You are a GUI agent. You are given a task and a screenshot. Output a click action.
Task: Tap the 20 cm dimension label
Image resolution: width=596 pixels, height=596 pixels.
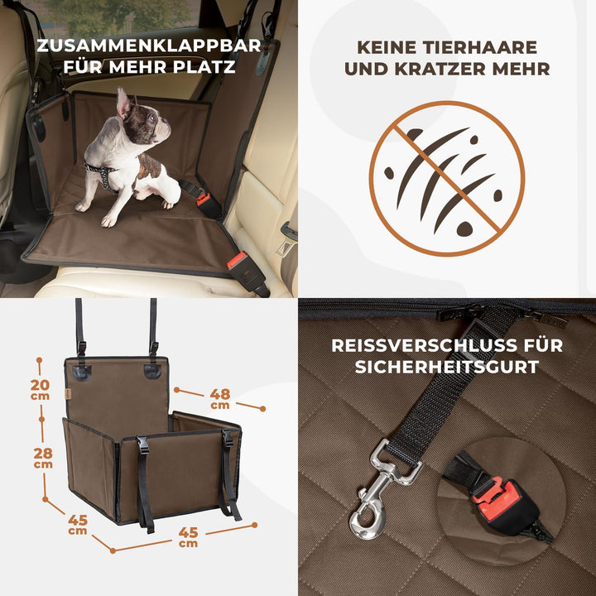(40, 389)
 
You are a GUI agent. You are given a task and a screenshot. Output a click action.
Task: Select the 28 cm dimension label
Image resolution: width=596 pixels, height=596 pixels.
(43, 457)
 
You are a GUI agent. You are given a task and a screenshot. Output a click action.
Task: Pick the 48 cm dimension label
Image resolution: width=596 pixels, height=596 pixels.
(219, 399)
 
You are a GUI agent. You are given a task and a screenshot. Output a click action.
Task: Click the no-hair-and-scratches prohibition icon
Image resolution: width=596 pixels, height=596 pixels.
(446, 178)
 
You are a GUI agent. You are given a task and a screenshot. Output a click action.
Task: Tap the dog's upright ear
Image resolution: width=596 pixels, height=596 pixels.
(124, 103)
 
